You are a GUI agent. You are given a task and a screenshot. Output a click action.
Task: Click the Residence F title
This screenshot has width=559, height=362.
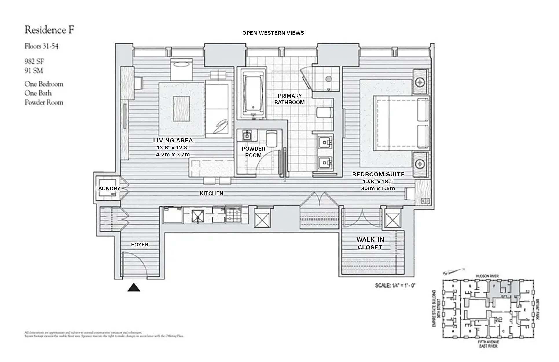(x=49, y=30)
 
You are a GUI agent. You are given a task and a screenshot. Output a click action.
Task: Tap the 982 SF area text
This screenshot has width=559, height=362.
(x=34, y=61)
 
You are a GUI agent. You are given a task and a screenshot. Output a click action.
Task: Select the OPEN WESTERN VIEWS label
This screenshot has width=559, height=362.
(x=273, y=33)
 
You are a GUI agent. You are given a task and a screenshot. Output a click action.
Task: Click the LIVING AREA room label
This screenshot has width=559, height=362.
(x=173, y=140)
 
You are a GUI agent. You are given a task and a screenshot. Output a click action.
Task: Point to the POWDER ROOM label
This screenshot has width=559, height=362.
(x=253, y=152)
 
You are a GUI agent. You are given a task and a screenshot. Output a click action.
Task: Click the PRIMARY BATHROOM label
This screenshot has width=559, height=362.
(x=289, y=99)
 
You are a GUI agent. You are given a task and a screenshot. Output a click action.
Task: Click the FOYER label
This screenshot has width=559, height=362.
(x=140, y=245)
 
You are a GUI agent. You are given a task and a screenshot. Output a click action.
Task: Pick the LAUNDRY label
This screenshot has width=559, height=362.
(x=108, y=189)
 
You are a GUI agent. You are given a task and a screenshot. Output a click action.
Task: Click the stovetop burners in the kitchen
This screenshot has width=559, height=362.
(x=233, y=215)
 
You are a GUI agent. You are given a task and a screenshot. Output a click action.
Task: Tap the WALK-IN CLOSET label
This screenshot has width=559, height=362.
(x=370, y=243)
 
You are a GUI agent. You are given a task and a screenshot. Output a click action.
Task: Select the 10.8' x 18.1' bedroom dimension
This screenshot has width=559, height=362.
(x=378, y=182)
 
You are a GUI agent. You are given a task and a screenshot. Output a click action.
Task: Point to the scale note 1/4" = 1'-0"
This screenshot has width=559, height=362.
(x=395, y=285)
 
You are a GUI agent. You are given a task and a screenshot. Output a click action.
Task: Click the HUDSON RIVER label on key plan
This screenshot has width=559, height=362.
(x=487, y=276)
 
